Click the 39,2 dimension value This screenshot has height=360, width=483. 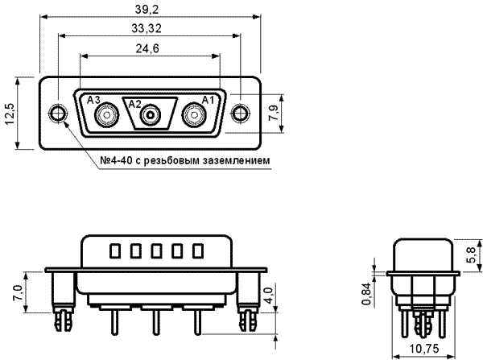(147, 10)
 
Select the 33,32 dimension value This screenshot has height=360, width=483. (147, 29)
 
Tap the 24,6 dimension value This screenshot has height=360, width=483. (147, 48)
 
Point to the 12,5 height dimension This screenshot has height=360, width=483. (10, 114)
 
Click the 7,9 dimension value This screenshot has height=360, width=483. (274, 113)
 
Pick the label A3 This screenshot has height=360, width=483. (93, 100)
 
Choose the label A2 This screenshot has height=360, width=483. (135, 104)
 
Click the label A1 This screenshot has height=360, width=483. (208, 100)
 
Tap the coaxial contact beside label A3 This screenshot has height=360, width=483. (107, 115)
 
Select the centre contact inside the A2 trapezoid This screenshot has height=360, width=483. (151, 115)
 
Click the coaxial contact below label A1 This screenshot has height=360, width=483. (194, 115)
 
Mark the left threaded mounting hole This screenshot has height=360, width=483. (58, 114)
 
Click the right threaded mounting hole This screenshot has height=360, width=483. (240, 114)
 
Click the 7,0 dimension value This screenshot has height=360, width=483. (18, 293)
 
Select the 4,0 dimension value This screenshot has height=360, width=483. (269, 296)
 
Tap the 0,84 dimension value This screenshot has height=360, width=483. (366, 295)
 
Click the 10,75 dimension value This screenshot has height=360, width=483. (423, 349)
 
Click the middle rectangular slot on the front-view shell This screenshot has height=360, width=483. (156, 251)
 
